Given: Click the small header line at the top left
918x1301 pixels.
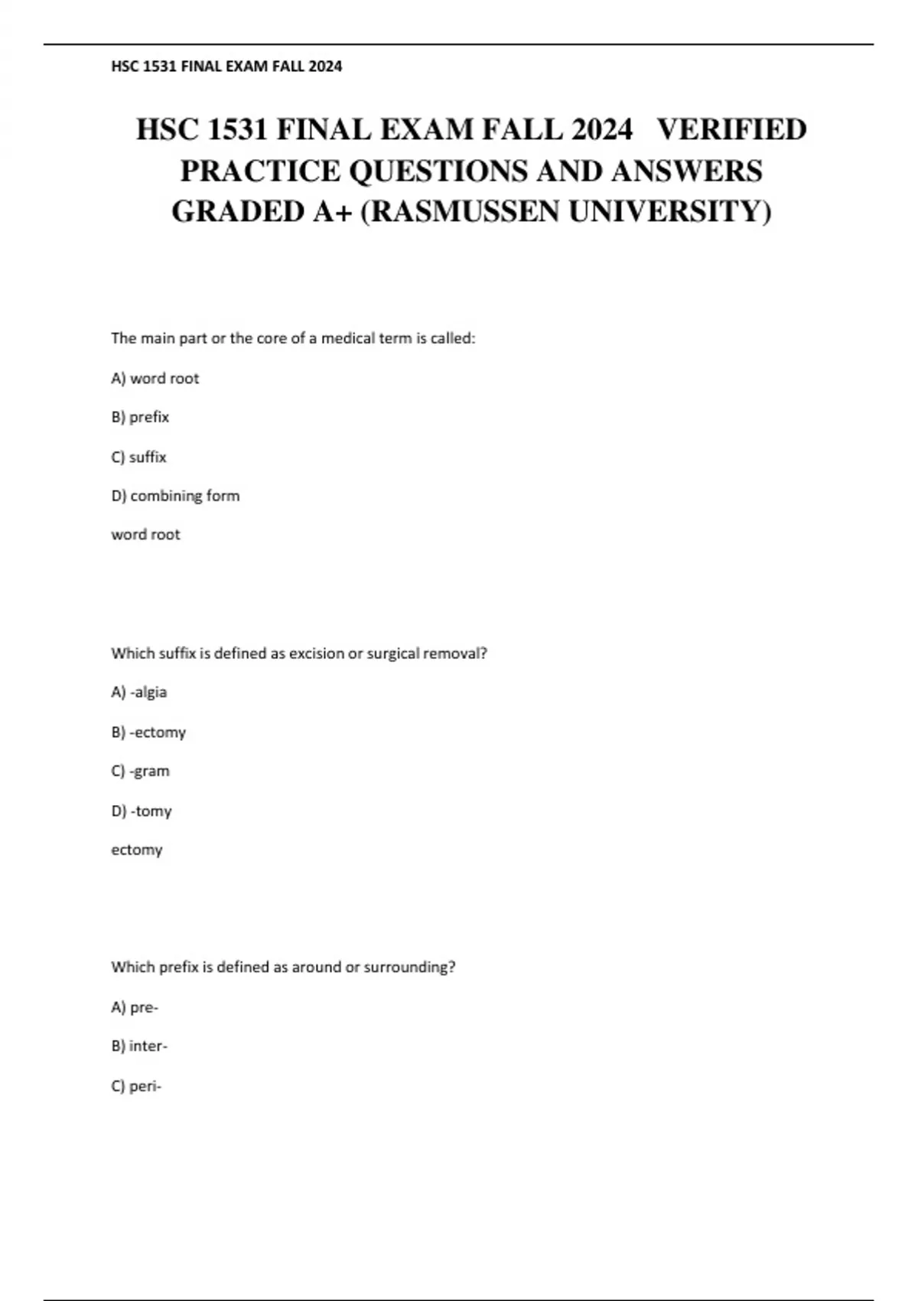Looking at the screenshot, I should click(x=226, y=67).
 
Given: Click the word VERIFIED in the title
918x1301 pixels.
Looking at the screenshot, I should click(x=731, y=129).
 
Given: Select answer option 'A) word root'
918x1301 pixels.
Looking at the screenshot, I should click(x=155, y=378).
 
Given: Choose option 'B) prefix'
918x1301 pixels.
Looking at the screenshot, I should click(x=140, y=417).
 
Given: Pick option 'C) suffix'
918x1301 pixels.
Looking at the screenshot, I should click(x=138, y=457).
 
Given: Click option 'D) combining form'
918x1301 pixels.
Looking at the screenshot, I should click(x=175, y=496).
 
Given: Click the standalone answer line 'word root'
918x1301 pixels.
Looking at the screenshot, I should click(x=145, y=535).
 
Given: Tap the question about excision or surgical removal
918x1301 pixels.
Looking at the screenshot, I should click(x=299, y=654).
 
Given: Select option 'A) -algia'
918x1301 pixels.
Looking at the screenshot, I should click(x=138, y=692).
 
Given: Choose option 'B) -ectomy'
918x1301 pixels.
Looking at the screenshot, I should click(x=148, y=732).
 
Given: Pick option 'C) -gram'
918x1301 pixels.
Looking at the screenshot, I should click(x=140, y=771).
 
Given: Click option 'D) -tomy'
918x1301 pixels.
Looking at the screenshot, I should click(x=142, y=810).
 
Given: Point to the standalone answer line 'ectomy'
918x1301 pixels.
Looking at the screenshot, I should click(x=137, y=849).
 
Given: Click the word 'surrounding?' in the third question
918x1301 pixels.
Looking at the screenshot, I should click(x=409, y=967).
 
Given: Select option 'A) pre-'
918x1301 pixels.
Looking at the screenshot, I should click(x=135, y=1007).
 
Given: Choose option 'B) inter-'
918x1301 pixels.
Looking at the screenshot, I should click(x=139, y=1046).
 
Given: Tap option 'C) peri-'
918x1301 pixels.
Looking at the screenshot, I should click(x=136, y=1086).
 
